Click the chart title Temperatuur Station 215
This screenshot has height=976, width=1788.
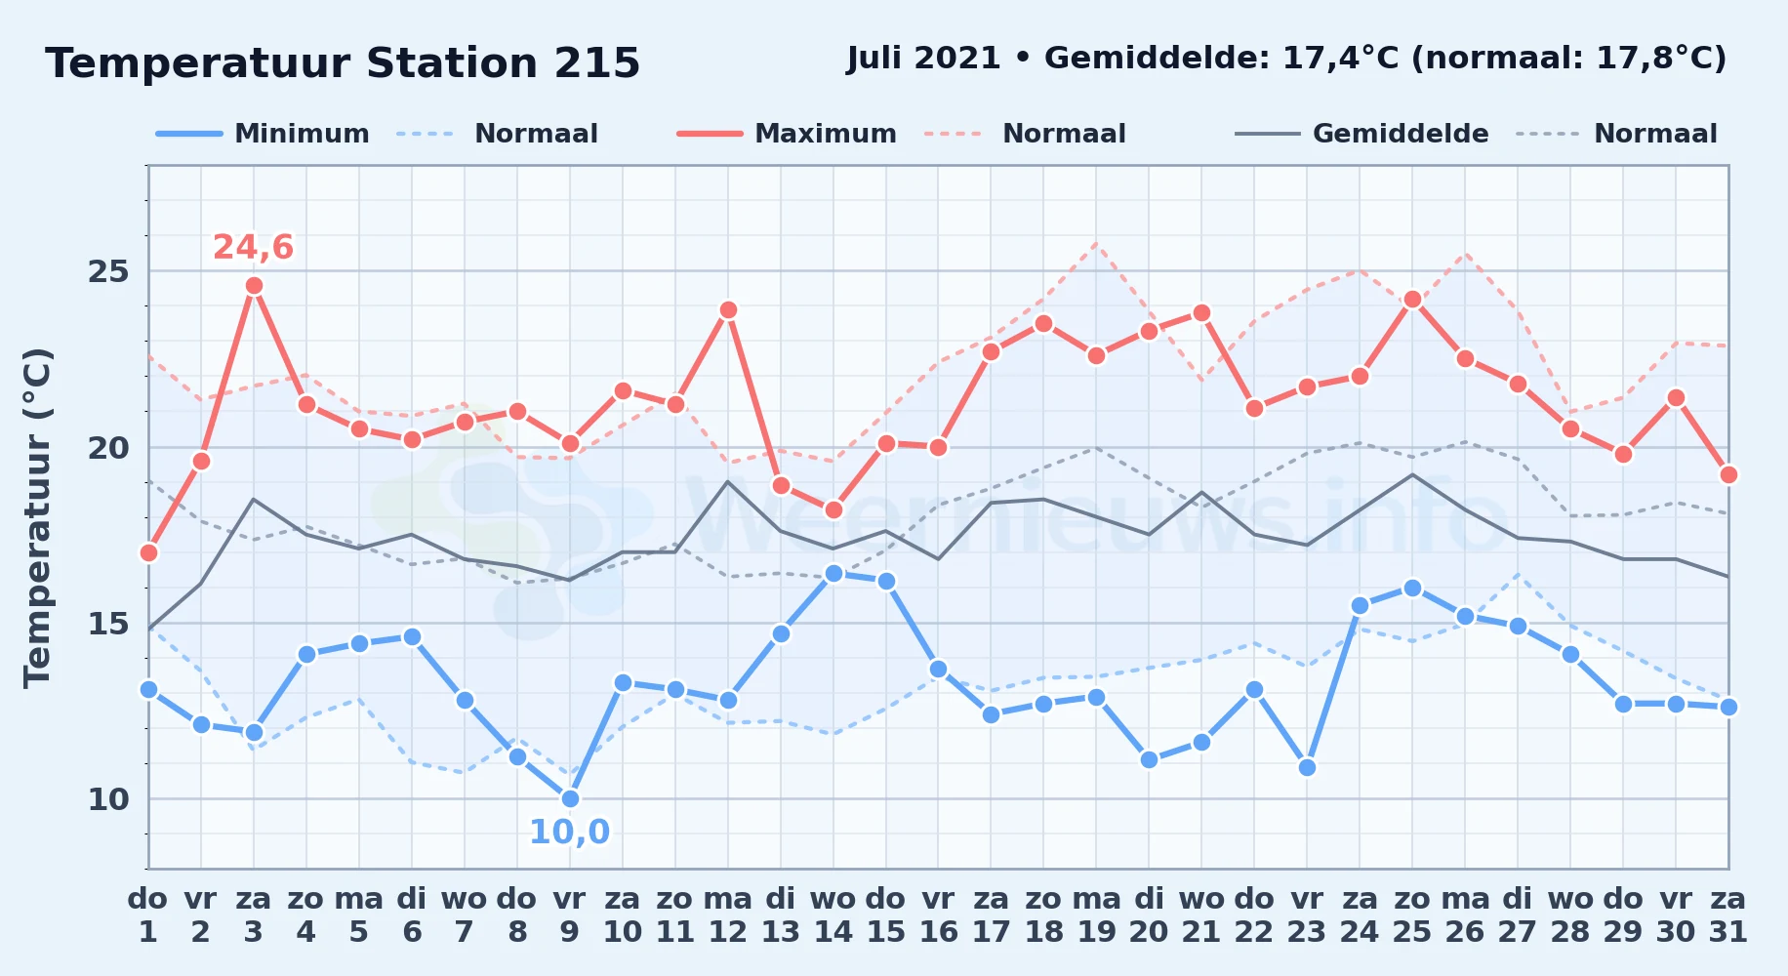[343, 63]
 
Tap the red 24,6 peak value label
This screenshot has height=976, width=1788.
[254, 248]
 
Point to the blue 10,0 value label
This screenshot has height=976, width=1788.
[569, 833]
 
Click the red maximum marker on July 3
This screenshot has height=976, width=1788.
[254, 286]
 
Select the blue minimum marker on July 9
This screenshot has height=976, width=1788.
[570, 798]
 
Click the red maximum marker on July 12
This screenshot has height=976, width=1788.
[728, 310]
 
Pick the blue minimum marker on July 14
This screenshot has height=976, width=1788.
[833, 573]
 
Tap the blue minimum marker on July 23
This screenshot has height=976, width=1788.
[1307, 767]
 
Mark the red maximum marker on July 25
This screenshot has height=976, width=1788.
[1412, 300]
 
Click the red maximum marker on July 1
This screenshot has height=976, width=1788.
[148, 552]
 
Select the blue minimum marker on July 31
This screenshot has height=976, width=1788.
[1728, 707]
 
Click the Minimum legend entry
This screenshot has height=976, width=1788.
[263, 134]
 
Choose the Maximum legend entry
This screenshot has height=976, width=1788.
[787, 134]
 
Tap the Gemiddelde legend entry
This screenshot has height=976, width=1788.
[1361, 134]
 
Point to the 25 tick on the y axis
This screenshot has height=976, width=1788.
[108, 271]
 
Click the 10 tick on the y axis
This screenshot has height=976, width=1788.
[108, 799]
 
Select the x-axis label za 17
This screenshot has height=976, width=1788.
[991, 915]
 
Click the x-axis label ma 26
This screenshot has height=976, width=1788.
[1465, 915]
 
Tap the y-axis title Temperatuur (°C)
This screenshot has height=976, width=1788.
[37, 517]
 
